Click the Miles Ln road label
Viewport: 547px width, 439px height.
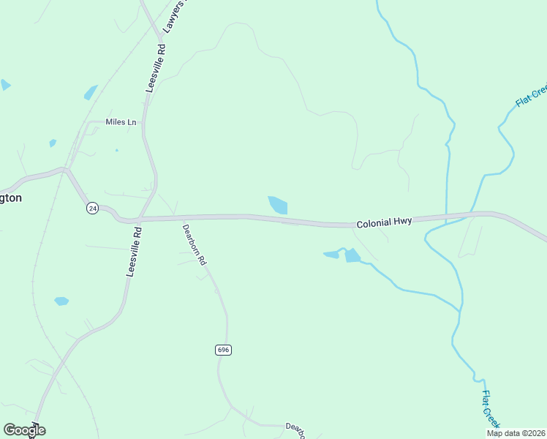(121, 122)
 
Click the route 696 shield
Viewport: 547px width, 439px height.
(224, 350)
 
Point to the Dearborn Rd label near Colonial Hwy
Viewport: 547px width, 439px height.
(195, 244)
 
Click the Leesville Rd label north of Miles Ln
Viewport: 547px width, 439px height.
(156, 67)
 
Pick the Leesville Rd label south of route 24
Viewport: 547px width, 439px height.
(134, 251)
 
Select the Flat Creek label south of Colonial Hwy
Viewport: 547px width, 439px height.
(491, 408)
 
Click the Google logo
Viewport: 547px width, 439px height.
(24, 430)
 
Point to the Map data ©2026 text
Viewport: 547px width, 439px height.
(516, 433)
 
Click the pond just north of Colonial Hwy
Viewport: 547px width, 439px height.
(279, 205)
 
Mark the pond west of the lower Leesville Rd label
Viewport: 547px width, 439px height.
(61, 301)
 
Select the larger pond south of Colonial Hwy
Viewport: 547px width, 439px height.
(352, 255)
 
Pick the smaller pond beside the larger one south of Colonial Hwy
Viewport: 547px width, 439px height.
(331, 255)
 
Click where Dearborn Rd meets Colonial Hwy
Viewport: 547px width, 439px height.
(175, 217)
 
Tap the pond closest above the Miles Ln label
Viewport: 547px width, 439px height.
(91, 92)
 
